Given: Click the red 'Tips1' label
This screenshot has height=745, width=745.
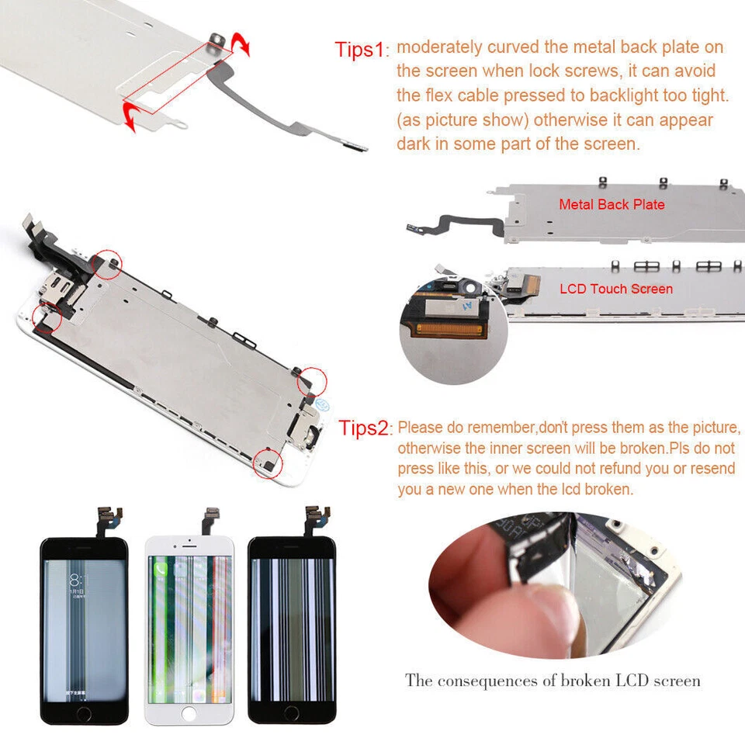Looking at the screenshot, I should pos(359,50).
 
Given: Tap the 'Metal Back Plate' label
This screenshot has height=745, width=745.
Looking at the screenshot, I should pos(612,205).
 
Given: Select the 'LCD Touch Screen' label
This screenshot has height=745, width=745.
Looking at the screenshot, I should pos(616,289).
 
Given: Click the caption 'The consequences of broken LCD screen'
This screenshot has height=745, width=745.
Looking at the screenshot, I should pos(553,681).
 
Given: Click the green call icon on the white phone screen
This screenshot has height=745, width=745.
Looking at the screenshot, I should pos(161,570).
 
